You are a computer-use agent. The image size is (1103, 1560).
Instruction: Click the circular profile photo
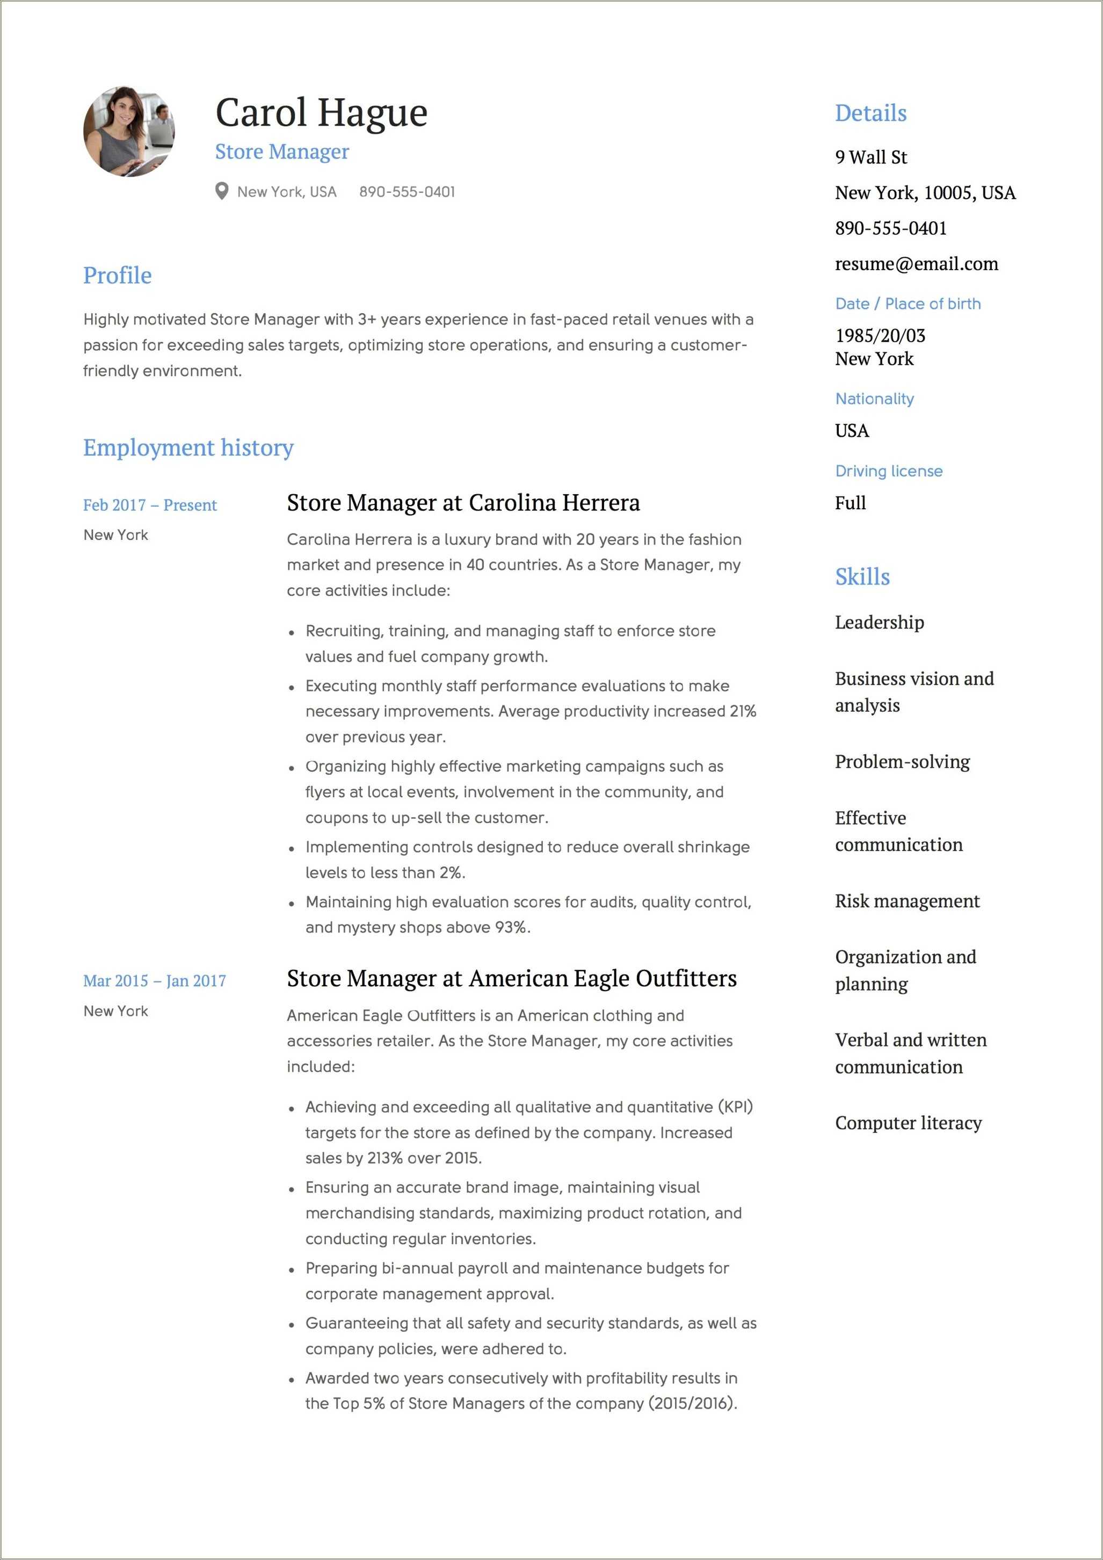(x=129, y=131)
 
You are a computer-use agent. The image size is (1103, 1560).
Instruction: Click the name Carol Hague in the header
(x=321, y=113)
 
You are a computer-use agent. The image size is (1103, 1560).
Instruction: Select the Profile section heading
(x=118, y=275)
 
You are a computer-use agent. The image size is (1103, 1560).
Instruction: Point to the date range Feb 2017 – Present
(x=149, y=505)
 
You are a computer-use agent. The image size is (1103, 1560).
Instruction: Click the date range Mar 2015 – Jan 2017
(x=154, y=980)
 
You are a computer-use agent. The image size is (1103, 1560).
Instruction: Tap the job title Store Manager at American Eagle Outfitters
(x=511, y=978)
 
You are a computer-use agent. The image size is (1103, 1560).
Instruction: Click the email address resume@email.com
(x=916, y=264)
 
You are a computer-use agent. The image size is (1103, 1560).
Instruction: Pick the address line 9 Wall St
(x=870, y=157)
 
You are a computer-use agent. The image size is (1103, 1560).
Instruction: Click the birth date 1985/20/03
(x=880, y=335)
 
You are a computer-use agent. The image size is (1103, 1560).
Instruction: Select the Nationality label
(x=874, y=399)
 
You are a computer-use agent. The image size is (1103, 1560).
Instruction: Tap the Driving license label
(x=888, y=471)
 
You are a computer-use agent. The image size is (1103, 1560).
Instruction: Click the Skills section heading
(x=861, y=576)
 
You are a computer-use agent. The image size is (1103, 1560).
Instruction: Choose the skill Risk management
(x=906, y=901)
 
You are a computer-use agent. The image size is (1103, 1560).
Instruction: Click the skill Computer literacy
(x=908, y=1123)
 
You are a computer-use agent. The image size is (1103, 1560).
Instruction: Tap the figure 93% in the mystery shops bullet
(x=511, y=927)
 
